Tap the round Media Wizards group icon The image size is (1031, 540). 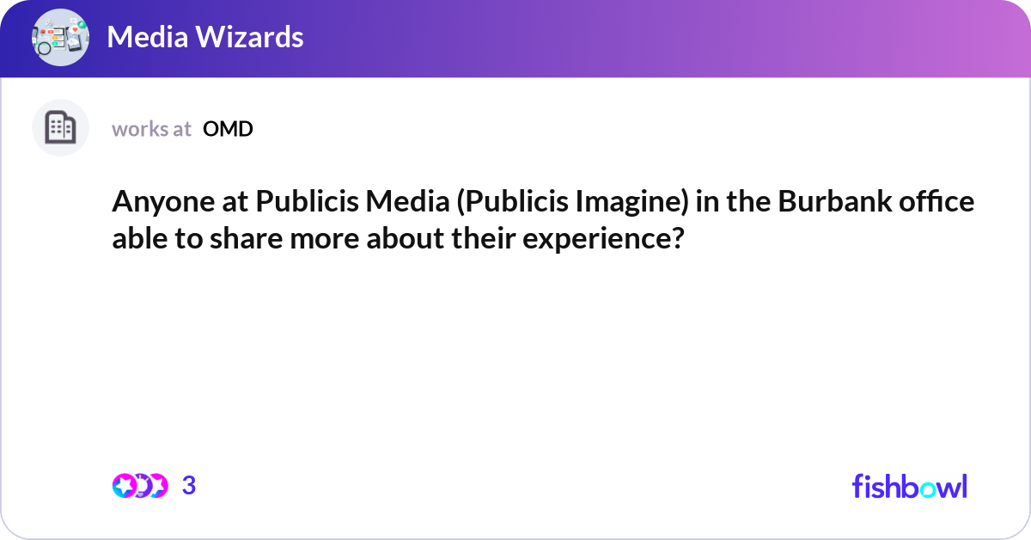[x=60, y=37]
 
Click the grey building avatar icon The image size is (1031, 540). [x=60, y=128]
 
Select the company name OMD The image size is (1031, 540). [x=228, y=129]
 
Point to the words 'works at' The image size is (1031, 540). [x=151, y=129]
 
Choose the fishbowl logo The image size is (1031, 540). [x=909, y=486]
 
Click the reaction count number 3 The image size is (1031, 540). [x=189, y=486]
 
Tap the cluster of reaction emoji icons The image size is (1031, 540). [x=140, y=486]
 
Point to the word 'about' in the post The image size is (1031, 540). [x=404, y=238]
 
